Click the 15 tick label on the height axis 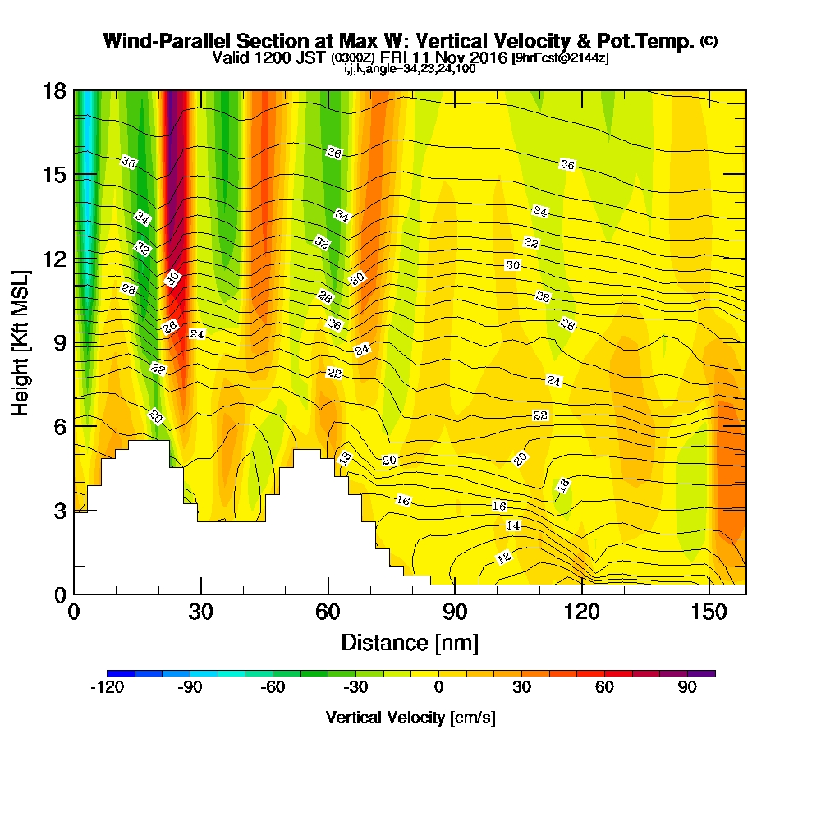pos(54,175)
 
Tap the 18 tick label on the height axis pos(54,90)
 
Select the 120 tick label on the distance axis pos(581,612)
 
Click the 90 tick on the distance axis pos(455,594)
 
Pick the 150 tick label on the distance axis pos(709,612)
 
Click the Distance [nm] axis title pos(410,642)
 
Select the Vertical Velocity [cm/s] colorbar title pos(410,718)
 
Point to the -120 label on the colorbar pos(107,688)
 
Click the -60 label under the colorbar pos(273,688)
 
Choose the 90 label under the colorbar pos(688,688)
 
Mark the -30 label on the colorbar pos(355,688)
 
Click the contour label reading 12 pos(504,557)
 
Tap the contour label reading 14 pos(513,525)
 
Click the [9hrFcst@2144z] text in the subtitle pos(560,58)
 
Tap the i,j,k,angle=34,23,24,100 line pos(410,69)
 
